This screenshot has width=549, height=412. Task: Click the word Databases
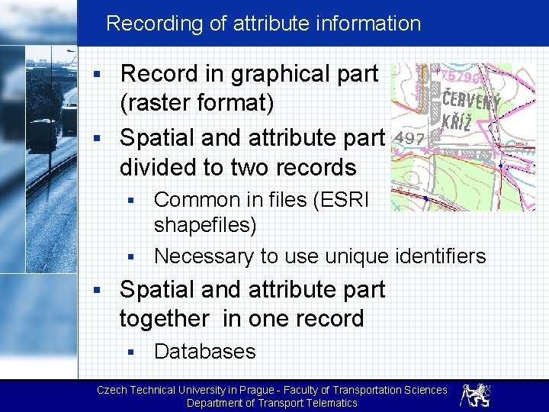[204, 352]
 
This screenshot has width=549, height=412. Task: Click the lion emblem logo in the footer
[475, 394]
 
